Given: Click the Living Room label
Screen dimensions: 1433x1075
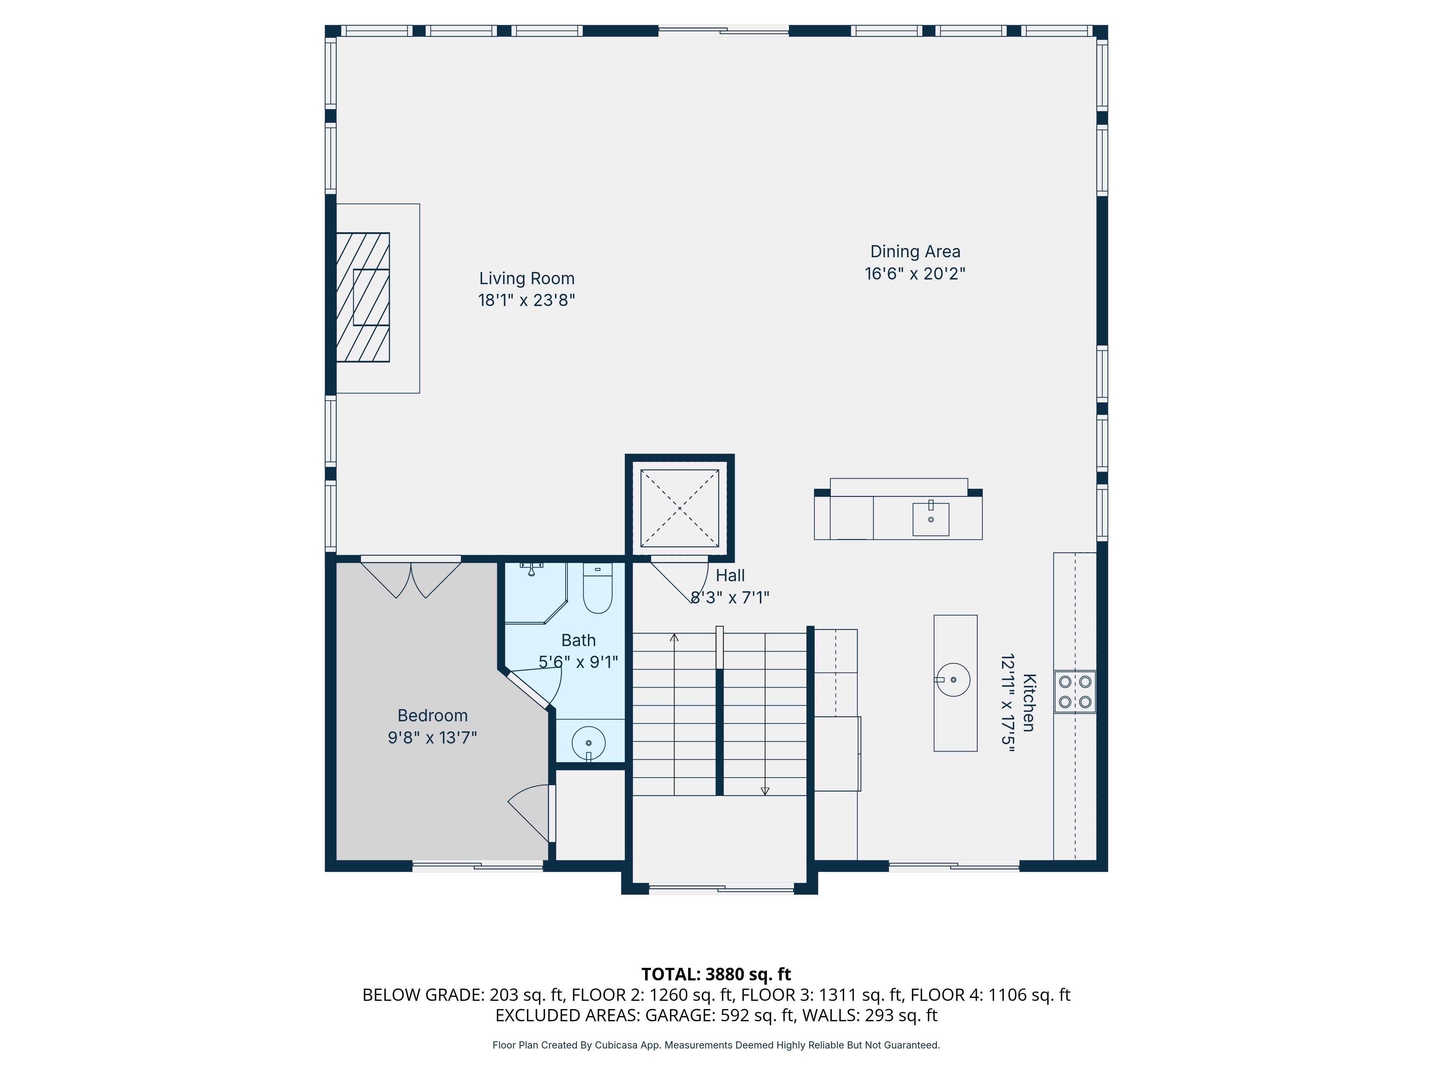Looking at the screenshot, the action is pos(527,279).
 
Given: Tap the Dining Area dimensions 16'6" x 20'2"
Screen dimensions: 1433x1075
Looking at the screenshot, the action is pos(915,273).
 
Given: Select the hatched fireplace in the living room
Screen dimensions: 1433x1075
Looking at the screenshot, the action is pos(363,297).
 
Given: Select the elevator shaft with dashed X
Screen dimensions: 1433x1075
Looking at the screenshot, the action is pos(680,508).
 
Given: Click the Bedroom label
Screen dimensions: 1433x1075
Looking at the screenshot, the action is pos(432,715).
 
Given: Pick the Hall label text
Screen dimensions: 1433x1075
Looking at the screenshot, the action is pos(730,575).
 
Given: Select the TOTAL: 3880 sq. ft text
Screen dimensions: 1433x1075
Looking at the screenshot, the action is pos(716,974).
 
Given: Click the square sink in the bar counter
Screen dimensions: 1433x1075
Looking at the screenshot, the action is pos(931,519).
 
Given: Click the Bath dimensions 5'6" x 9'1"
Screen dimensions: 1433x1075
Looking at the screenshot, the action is pos(578,661).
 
